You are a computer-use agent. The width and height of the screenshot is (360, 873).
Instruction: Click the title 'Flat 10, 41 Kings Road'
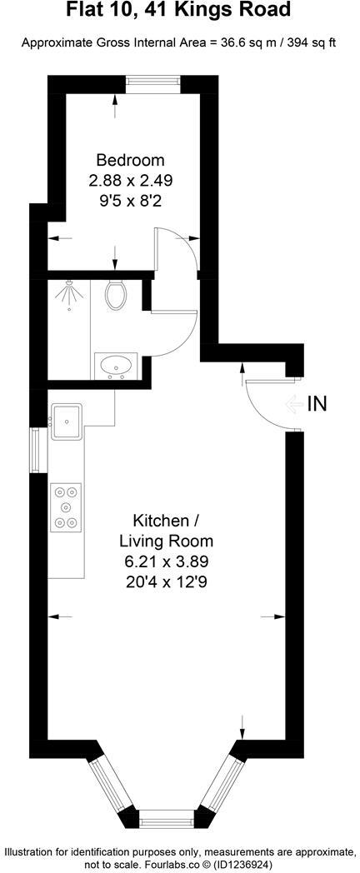point(179,11)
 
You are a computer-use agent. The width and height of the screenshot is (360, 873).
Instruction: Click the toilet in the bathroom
point(116,293)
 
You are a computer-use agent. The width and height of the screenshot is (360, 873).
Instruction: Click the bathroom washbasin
point(116,365)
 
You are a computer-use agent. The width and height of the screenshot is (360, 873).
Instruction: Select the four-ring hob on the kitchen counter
point(66,506)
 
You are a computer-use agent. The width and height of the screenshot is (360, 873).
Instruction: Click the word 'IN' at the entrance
point(317,405)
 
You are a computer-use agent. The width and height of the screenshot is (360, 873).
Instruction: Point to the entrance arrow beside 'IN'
point(293,406)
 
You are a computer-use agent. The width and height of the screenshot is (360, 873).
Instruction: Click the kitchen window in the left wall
point(36,451)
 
